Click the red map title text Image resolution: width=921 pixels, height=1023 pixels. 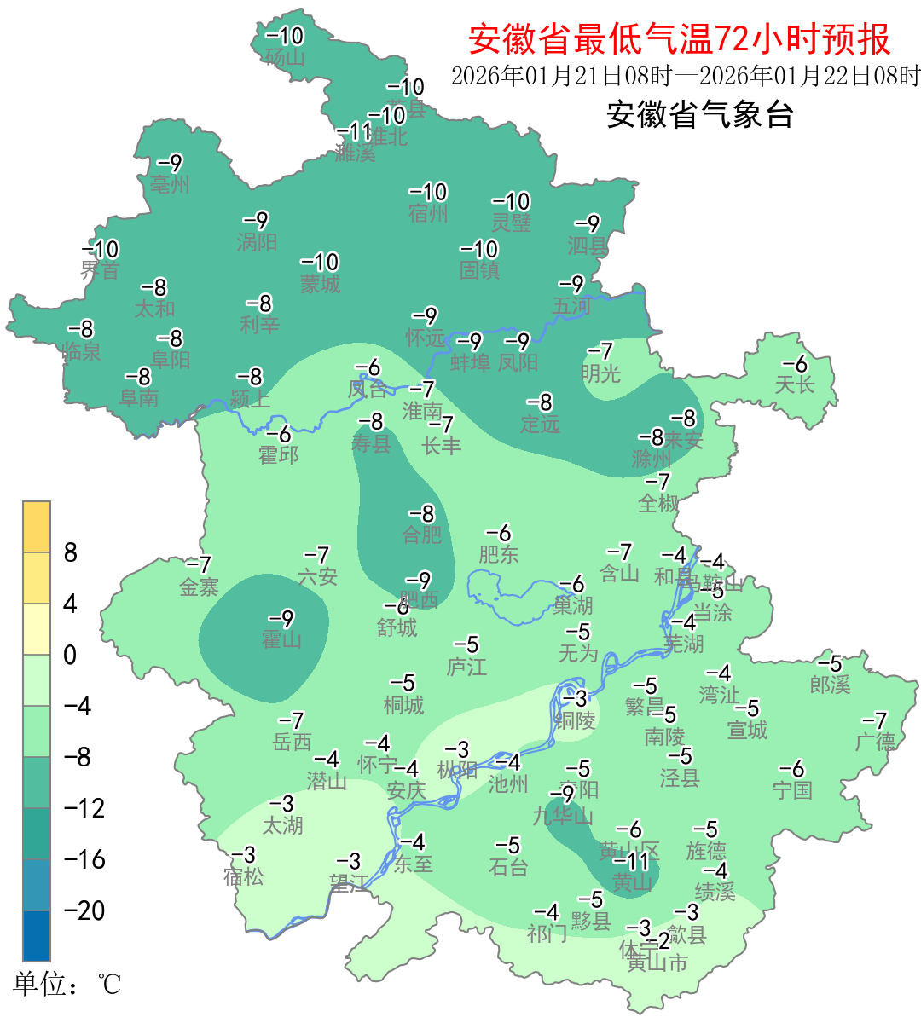pos(680,39)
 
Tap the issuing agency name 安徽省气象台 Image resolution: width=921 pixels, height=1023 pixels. pos(700,114)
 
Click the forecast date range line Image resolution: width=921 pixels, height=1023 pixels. pos(686,76)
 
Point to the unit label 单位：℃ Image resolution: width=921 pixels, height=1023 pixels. pos(67,985)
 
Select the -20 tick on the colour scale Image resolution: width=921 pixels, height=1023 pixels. pos(84,910)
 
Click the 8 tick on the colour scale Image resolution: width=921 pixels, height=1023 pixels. pos(71,553)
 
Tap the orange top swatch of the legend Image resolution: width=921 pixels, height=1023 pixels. pos(37,527)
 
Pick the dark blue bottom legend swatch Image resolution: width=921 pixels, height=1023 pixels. pos(37,935)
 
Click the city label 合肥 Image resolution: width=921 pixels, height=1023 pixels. pos(422,535)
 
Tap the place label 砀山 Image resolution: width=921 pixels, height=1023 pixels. pos(285,58)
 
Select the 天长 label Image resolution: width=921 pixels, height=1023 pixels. pos(795,385)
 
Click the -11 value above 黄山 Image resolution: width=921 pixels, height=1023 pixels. pos(632,862)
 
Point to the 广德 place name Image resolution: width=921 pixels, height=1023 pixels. pos(875,742)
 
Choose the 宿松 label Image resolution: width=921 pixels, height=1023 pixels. pos(244,876)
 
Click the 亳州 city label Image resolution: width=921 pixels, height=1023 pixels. pos(170,185)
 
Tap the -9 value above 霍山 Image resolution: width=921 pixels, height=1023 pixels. pos(281,618)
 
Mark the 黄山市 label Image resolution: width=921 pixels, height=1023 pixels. pos(657,963)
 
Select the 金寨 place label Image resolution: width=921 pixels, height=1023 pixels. pos(200,587)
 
